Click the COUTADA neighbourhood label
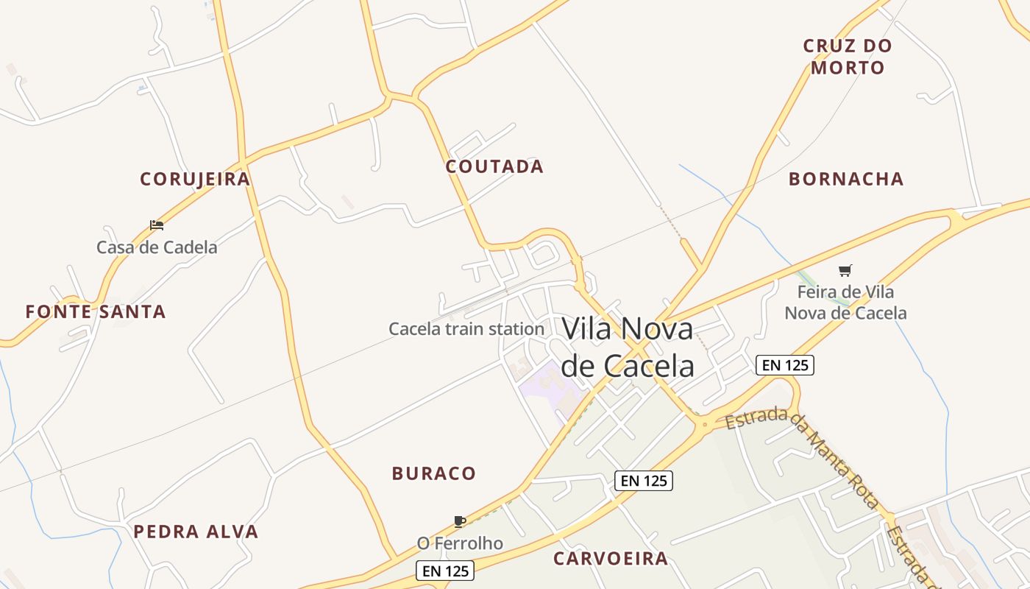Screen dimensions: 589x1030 pyautogui.click(x=494, y=166)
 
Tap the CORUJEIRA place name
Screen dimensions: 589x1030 pyautogui.click(x=195, y=179)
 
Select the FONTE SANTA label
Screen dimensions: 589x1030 pyautogui.click(x=96, y=311)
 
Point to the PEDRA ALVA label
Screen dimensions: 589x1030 pyautogui.click(x=196, y=532)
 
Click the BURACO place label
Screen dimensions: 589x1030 pyautogui.click(x=434, y=473)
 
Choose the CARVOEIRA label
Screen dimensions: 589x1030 pyautogui.click(x=611, y=559)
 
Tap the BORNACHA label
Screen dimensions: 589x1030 pyautogui.click(x=846, y=179)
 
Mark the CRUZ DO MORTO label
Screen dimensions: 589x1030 pyautogui.click(x=848, y=57)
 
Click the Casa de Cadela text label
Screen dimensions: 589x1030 pyautogui.click(x=157, y=247)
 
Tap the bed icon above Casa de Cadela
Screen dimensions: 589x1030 pyautogui.click(x=157, y=225)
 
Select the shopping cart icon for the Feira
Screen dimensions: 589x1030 pyautogui.click(x=845, y=271)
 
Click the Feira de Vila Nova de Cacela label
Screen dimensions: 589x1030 pyautogui.click(x=845, y=303)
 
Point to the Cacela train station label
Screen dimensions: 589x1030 pyautogui.click(x=466, y=329)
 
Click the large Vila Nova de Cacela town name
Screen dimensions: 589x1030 pyautogui.click(x=628, y=347)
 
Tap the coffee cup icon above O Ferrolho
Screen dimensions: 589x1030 pyautogui.click(x=460, y=522)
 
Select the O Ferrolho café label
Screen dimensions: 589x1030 pyautogui.click(x=460, y=543)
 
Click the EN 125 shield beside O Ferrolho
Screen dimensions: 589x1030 pyautogui.click(x=445, y=571)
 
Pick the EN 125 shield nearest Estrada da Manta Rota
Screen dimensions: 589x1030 pyautogui.click(x=784, y=364)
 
